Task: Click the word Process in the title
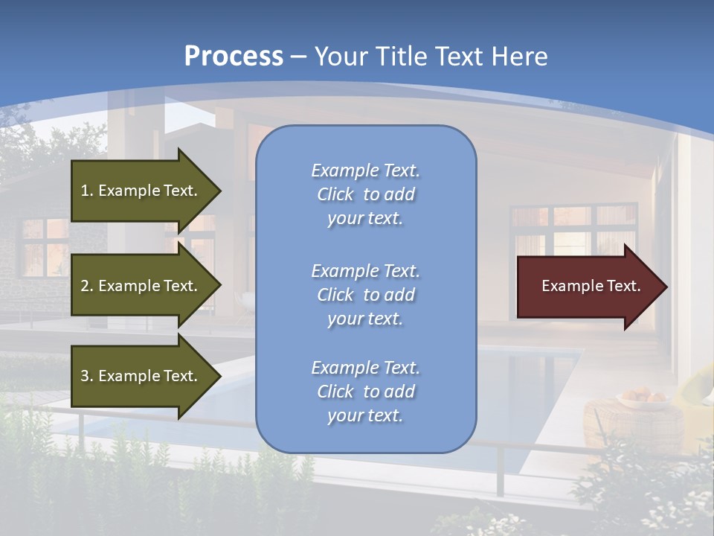point(234,57)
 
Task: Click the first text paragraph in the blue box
point(365,194)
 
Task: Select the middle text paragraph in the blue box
point(365,294)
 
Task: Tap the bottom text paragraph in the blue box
point(365,392)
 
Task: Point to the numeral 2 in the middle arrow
point(85,286)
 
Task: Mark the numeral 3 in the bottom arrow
point(85,376)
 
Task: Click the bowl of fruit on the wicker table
point(643,398)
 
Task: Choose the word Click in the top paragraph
point(335,194)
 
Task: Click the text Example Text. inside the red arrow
point(591,286)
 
